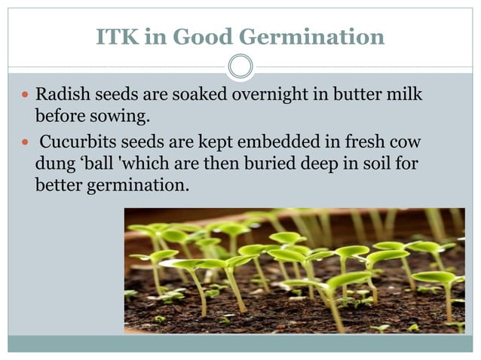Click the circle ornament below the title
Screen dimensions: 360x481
[240, 66]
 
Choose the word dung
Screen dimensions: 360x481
[52, 163]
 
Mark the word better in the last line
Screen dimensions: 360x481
[57, 183]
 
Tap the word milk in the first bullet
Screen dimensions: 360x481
[403, 96]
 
